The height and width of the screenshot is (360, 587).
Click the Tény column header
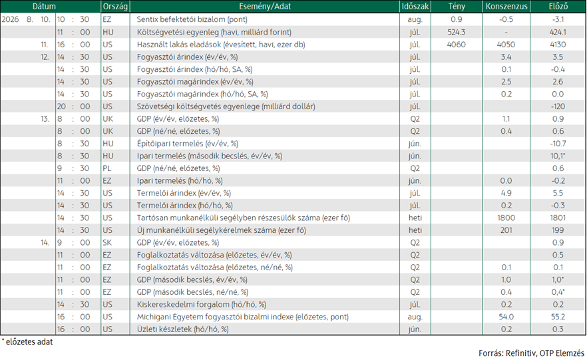point(457,7)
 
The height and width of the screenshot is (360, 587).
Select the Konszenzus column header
point(506,7)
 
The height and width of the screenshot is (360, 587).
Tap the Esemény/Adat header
point(265,7)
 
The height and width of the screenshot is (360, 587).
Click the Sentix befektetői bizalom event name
point(192,19)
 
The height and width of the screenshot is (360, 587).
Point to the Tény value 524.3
point(457,32)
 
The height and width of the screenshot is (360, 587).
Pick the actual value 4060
point(457,45)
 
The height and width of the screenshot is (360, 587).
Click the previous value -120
point(558,106)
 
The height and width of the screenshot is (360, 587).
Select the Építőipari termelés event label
point(187,144)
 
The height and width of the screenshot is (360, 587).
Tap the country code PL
point(107,168)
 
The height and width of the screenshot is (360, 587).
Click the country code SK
point(107,242)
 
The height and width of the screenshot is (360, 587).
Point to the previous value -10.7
point(558,144)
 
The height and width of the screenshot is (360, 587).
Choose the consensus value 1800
point(506,218)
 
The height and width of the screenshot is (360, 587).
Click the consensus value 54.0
point(506,317)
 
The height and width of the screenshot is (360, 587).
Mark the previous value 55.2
point(558,317)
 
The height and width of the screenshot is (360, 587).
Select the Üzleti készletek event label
point(182,329)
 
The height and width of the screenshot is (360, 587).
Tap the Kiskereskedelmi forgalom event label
point(202,305)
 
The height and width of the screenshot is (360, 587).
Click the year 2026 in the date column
point(10,19)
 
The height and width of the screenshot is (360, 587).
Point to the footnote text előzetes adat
point(29,342)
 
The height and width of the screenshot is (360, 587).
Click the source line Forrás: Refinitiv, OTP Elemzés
point(531,353)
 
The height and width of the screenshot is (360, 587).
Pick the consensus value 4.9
point(506,193)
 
